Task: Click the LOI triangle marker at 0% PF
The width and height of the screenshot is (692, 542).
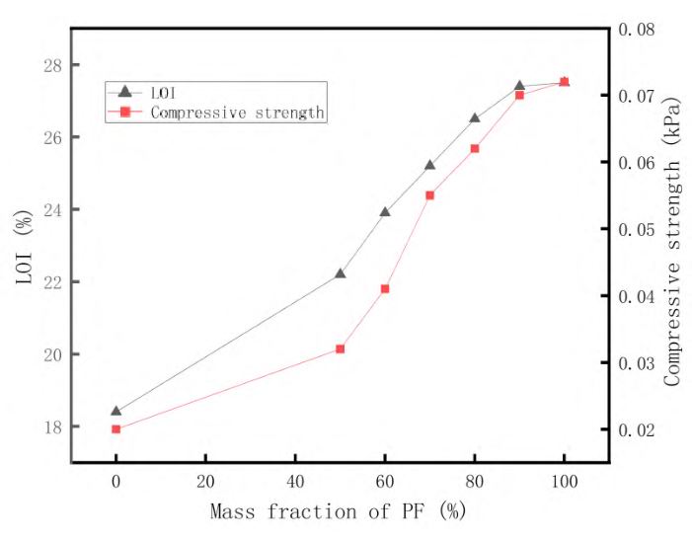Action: click(x=115, y=411)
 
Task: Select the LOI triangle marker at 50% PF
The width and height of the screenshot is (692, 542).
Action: click(x=340, y=272)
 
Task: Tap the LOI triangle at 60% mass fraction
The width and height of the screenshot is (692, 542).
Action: click(x=385, y=211)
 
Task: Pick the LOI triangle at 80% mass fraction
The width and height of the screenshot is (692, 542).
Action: click(x=475, y=117)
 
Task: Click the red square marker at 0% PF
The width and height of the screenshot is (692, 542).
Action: click(x=115, y=429)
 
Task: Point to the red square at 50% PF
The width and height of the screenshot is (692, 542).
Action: click(x=340, y=348)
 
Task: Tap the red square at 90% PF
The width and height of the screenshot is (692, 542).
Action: click(x=519, y=95)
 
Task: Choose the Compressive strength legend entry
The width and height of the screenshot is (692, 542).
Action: click(x=237, y=112)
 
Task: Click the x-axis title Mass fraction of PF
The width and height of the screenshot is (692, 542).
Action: click(x=337, y=512)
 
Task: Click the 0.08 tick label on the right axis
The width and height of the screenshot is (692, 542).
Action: click(x=638, y=30)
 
